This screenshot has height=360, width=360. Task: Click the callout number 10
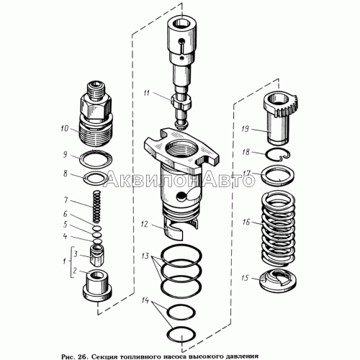(x=65, y=128)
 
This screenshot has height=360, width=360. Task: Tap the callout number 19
(x=246, y=129)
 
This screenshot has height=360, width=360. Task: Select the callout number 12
(x=145, y=225)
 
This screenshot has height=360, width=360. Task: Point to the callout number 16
(x=246, y=222)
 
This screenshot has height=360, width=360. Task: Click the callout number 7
(x=66, y=200)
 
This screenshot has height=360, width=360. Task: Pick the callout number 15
(x=245, y=278)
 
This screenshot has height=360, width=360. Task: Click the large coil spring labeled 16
(x=278, y=229)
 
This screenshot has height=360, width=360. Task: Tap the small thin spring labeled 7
(x=96, y=207)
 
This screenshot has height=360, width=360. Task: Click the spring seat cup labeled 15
(x=279, y=280)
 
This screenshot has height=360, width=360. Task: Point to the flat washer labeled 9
(x=96, y=158)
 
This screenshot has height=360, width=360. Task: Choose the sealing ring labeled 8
(x=96, y=178)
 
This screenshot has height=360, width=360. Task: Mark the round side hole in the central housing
(x=180, y=197)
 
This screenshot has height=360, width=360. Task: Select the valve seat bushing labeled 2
(x=97, y=286)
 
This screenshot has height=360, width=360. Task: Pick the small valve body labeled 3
(x=97, y=256)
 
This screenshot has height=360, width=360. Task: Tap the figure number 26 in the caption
(x=81, y=356)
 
